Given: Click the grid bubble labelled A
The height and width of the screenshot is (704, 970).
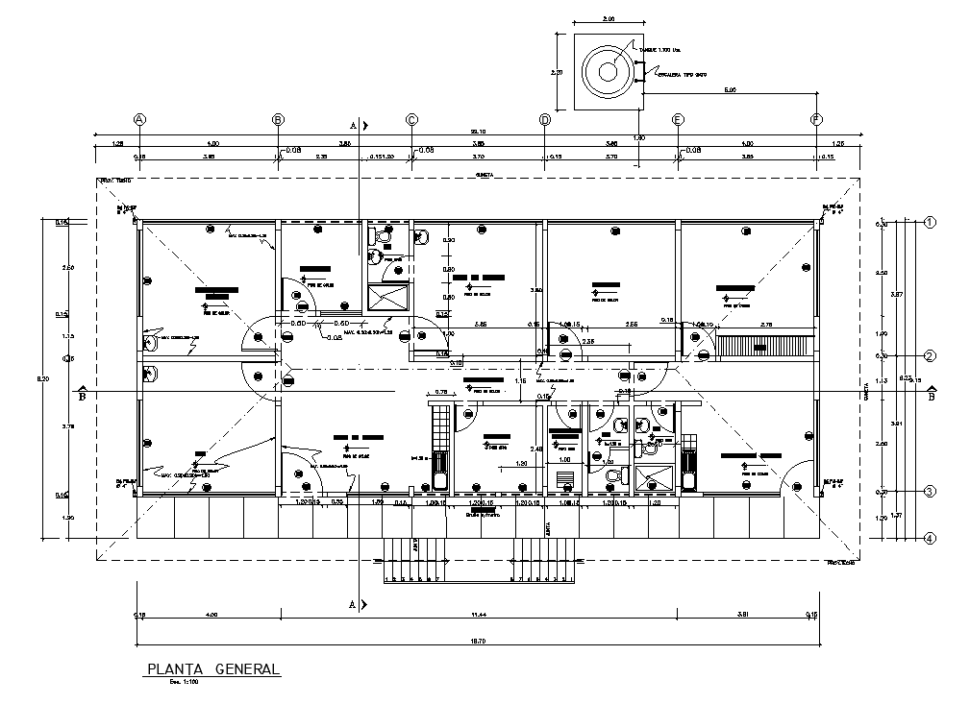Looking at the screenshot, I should click(x=139, y=119).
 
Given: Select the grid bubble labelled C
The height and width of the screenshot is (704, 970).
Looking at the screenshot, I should click(x=411, y=119).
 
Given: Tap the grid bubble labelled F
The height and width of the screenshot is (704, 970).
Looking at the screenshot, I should click(x=817, y=119).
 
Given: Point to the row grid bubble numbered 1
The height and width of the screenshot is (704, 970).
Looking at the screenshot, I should click(x=930, y=222).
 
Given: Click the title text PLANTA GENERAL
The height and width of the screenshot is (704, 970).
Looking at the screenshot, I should click(x=212, y=668).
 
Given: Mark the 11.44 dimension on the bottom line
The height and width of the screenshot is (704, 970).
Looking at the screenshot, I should click(x=478, y=614).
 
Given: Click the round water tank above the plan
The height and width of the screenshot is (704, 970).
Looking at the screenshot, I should click(x=608, y=72).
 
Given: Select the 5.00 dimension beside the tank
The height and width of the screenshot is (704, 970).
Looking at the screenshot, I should click(x=730, y=90).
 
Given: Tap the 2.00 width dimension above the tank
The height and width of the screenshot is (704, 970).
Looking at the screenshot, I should click(x=608, y=18).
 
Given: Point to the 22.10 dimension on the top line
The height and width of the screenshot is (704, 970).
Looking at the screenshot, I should click(x=476, y=132).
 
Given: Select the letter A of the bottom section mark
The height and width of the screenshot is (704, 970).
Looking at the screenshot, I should click(x=352, y=605).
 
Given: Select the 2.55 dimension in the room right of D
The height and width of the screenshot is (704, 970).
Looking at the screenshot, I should click(x=632, y=326).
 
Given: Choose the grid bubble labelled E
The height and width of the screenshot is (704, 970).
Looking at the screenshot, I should click(x=679, y=119).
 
